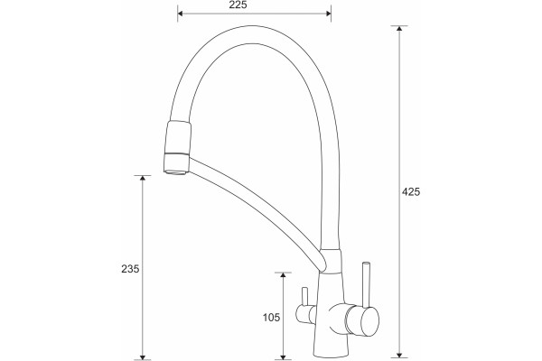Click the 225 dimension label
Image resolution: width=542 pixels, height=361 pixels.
click(238, 5)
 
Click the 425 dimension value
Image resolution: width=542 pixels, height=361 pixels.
click(411, 191)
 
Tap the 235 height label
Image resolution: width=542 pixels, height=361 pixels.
click(130, 268)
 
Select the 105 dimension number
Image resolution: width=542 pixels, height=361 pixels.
click(271, 317)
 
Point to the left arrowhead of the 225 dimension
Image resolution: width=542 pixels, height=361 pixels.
click(181, 14)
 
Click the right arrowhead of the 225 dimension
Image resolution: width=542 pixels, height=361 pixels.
click(328, 14)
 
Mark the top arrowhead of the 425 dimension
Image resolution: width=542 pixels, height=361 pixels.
click(399, 28)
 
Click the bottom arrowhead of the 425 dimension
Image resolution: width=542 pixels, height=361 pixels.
click(399, 355)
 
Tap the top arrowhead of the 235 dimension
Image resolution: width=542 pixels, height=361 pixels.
click(142, 179)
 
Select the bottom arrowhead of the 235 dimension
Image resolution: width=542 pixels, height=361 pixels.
click(142, 356)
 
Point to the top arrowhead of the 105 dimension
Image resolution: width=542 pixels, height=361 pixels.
click(283, 275)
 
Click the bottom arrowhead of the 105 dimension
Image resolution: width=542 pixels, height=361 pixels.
click(283, 356)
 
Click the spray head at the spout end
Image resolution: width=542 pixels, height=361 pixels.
click(177, 147)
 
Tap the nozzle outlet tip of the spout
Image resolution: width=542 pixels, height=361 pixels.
click(176, 171)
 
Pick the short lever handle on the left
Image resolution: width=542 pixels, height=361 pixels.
click(304, 297)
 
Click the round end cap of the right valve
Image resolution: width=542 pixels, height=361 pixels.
click(369, 320)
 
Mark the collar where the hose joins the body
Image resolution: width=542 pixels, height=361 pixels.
click(331, 261)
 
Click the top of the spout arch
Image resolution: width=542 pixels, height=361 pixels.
click(254, 34)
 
